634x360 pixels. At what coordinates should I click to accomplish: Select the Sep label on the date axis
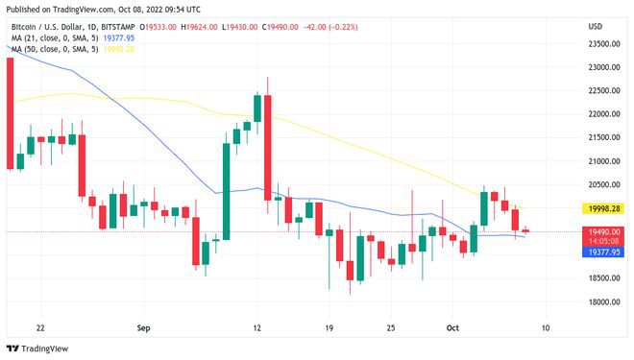143,327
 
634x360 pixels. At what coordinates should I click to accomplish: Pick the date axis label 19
329,327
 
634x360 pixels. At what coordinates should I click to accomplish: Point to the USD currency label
595,26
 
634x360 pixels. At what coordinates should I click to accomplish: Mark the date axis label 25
391,327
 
